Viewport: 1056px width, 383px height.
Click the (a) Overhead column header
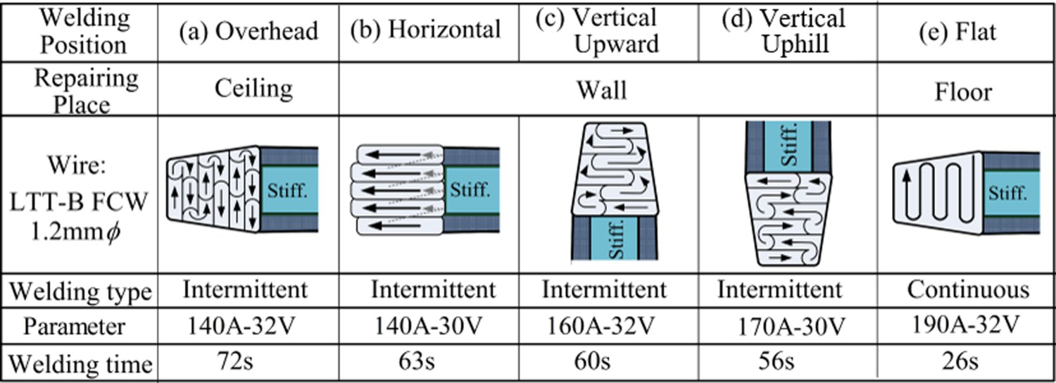tap(249, 32)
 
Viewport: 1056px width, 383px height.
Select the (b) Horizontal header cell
tap(425, 30)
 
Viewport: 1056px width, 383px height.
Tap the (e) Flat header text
tap(958, 32)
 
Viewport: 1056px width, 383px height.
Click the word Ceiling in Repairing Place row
tap(253, 89)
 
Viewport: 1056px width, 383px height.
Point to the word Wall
tap(602, 90)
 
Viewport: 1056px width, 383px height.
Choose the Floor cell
tap(963, 92)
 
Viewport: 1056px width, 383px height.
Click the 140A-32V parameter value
tap(241, 325)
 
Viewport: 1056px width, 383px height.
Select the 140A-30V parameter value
tap(428, 325)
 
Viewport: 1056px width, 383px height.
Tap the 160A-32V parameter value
tap(601, 325)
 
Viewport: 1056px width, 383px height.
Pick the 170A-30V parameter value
tap(791, 327)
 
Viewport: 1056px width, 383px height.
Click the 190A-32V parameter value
tap(966, 325)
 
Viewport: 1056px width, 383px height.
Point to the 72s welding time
tap(235, 361)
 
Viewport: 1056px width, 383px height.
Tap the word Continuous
tap(968, 289)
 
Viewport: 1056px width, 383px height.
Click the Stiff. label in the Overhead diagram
tap(287, 191)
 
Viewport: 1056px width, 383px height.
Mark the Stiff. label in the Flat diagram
tap(1007, 194)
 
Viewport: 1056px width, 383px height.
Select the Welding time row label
tap(81, 364)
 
